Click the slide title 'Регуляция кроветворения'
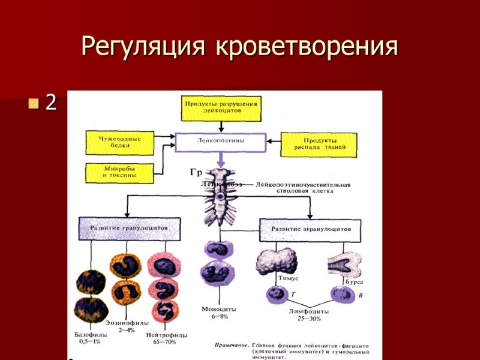(239, 47)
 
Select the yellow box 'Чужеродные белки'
(119, 142)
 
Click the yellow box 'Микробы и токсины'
(119, 172)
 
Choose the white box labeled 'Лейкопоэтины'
(221, 142)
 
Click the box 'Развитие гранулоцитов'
(128, 229)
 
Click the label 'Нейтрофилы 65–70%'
(166, 338)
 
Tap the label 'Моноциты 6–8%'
(218, 313)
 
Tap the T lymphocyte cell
(277, 295)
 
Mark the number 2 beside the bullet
(51, 103)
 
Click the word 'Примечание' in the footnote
(232, 347)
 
